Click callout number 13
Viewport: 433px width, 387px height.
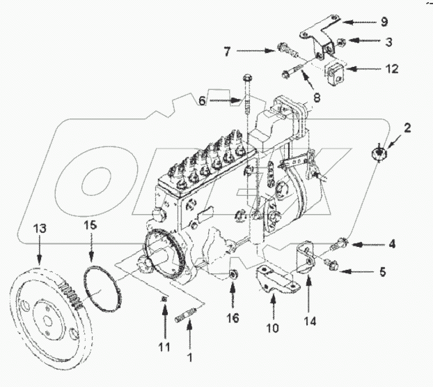pos(38,227)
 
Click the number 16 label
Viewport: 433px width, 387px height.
pos(234,318)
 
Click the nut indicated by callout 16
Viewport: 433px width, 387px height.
pos(234,271)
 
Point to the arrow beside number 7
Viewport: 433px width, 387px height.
pos(258,50)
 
